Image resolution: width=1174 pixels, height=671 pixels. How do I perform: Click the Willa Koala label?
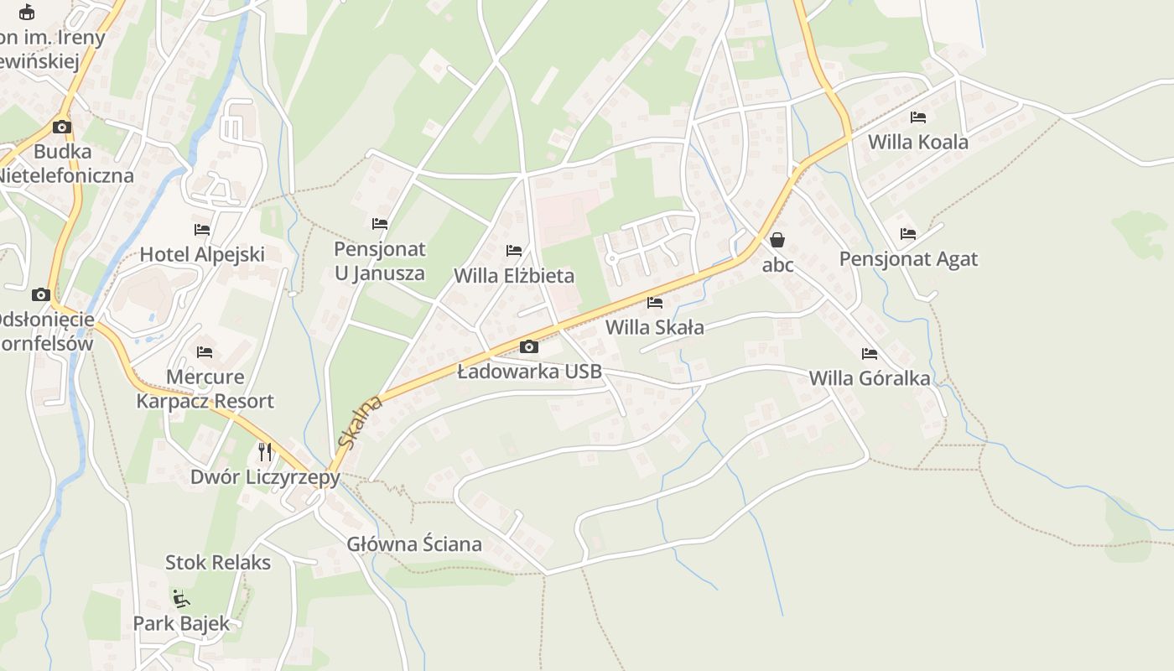917,142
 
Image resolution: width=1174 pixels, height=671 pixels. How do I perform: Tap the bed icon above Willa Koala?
918,117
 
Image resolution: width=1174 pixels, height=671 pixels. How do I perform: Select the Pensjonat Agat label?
908,259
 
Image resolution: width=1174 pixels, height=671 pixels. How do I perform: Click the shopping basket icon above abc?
777,240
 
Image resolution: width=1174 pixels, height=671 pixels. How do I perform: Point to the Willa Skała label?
654,327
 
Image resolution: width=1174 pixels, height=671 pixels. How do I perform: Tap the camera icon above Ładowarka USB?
528,346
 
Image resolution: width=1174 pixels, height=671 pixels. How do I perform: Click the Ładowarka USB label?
529,371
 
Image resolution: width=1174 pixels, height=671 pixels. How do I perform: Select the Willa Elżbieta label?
514,276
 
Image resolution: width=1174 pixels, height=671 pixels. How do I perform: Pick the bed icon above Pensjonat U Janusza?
380,224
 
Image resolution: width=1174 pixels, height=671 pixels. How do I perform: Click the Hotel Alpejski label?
202,254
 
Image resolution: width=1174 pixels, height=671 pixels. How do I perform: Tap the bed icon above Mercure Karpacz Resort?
205,352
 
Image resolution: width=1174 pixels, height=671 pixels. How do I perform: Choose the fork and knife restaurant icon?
265,452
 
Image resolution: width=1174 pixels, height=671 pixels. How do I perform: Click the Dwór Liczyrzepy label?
265,477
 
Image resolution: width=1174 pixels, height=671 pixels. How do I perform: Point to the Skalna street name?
360,422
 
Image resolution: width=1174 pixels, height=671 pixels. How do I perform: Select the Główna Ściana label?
414,544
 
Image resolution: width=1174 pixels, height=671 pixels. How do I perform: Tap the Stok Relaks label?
218,562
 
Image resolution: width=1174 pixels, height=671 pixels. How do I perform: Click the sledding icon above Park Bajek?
181,599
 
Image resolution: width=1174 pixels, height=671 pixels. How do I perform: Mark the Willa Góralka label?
869,378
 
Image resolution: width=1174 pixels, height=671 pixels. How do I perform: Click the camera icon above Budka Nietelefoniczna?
62,127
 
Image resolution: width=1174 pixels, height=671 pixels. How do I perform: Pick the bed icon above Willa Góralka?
870,354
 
